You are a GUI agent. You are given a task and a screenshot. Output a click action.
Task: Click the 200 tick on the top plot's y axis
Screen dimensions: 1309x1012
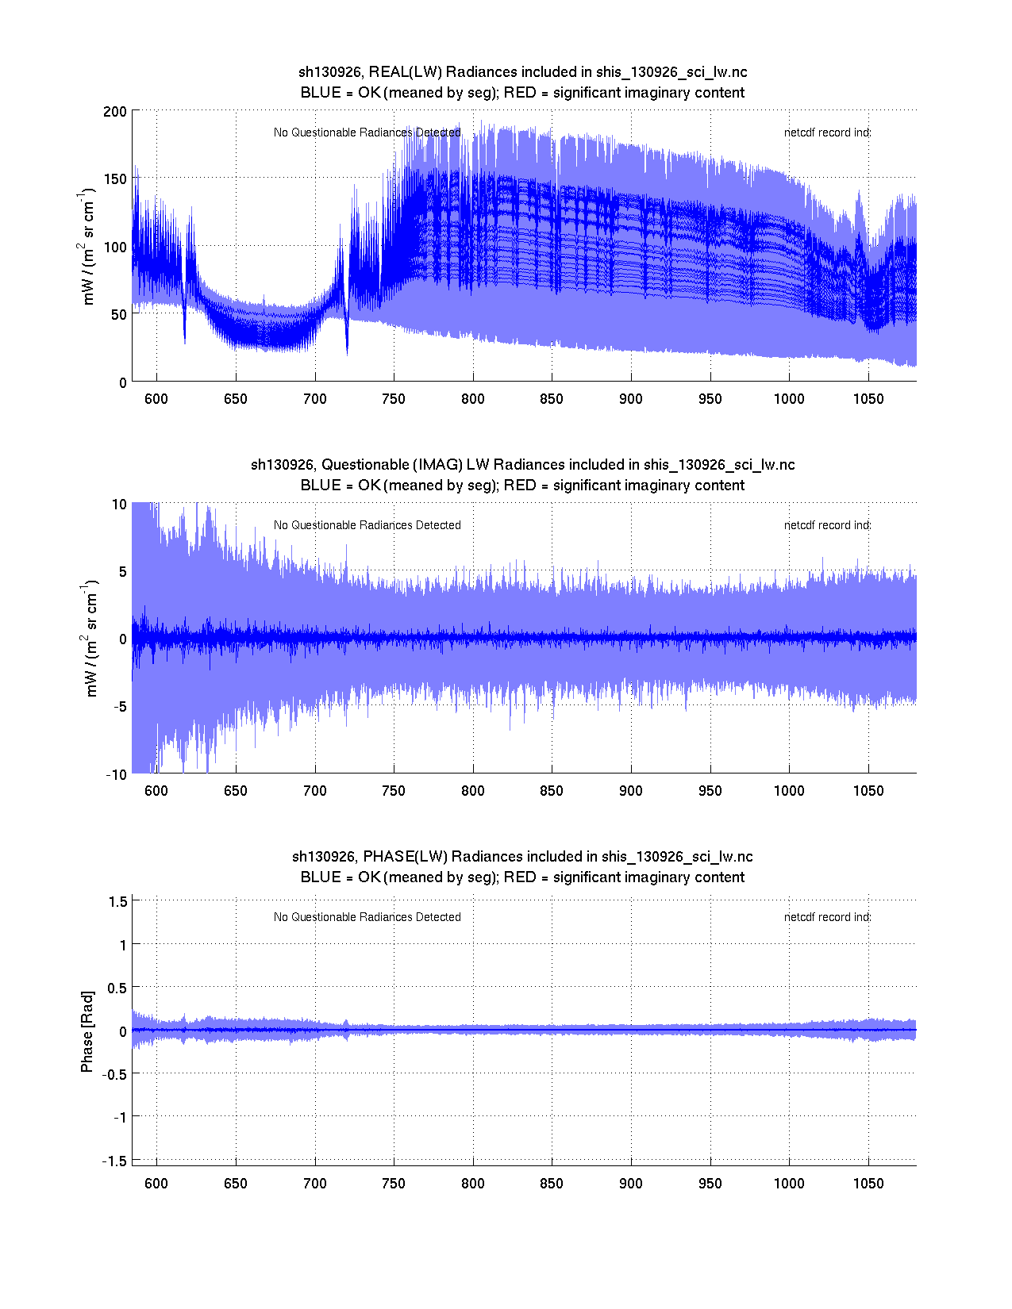114,111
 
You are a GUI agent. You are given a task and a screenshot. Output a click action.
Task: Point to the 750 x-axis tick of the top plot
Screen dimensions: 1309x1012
394,398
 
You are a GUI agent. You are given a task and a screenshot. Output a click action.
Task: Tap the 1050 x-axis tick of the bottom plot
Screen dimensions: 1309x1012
868,1183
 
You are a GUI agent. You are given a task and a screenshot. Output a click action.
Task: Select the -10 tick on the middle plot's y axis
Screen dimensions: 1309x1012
117,775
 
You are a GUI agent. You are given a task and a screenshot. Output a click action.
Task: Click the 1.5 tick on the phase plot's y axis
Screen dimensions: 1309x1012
118,901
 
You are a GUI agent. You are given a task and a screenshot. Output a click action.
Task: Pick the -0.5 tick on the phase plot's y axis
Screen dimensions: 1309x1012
114,1074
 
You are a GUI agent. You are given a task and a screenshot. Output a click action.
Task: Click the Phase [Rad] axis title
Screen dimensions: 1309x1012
87,1031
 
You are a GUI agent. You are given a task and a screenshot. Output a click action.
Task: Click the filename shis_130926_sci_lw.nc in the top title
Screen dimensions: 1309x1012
671,72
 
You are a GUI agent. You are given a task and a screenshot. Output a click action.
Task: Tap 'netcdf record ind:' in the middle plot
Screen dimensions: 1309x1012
827,525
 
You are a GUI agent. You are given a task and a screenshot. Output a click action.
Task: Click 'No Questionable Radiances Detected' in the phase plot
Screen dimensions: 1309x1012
367,917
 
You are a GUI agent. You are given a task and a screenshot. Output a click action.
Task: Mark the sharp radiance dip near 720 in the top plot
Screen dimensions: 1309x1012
347,349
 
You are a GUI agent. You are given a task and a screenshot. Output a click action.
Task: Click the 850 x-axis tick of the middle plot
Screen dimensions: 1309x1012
552,790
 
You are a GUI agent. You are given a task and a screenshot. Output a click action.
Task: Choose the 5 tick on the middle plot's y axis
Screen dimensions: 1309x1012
121,571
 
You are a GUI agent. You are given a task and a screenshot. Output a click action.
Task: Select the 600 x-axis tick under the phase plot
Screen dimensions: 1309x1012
156,1183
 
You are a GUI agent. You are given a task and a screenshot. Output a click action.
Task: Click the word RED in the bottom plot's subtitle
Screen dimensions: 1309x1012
520,877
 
